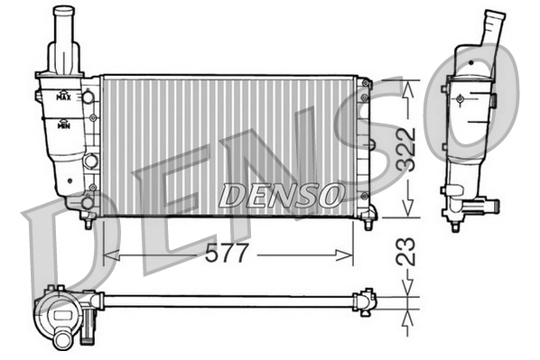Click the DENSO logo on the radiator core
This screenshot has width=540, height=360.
pos(282,193)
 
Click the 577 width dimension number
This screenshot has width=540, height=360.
pos(228,255)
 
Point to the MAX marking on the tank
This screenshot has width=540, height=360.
pos(63,95)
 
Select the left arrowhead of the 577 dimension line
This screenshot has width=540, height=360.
pos(109,255)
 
